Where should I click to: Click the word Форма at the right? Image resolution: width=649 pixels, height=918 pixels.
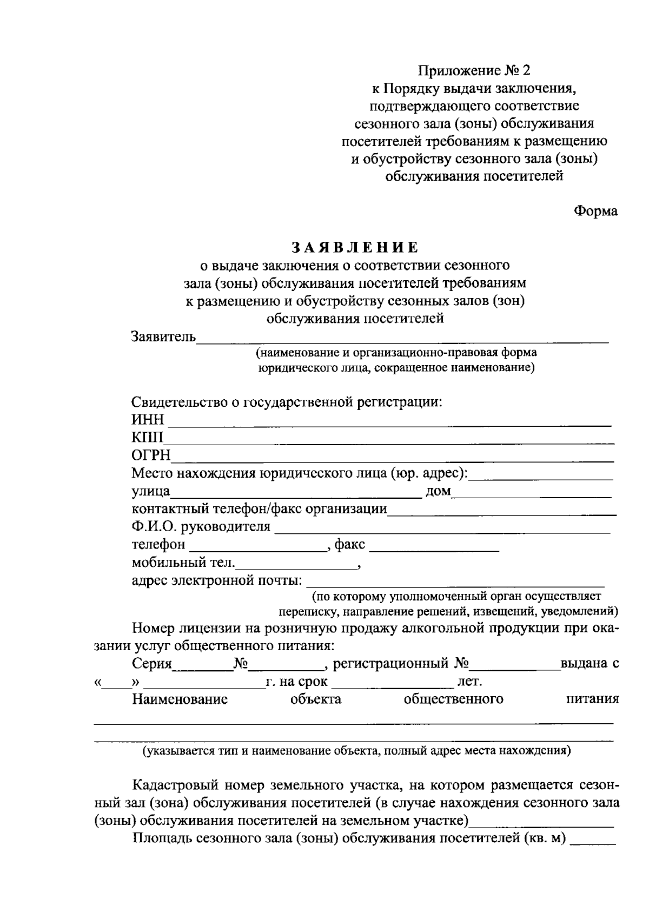coord(595,212)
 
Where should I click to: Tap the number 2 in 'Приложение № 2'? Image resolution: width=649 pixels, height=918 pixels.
coord(527,70)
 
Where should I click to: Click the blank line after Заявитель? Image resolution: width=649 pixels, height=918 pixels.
coord(403,339)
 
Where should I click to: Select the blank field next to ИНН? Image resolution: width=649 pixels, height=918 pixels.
coord(389,422)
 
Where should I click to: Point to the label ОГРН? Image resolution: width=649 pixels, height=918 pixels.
coord(151,455)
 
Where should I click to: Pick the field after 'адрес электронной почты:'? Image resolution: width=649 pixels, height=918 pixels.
coord(455,583)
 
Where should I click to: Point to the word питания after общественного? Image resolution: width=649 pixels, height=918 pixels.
coord(592,699)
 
